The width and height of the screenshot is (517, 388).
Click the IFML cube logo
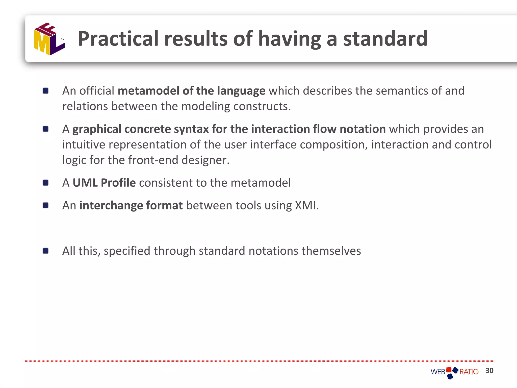49,39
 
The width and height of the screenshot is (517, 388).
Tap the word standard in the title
385,39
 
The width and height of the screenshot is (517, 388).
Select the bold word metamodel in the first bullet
148,91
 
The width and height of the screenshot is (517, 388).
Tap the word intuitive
84,145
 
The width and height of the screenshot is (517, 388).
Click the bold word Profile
118,183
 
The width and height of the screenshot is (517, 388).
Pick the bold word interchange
111,205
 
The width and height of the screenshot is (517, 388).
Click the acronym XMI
305,205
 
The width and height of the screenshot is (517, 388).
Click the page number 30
489,371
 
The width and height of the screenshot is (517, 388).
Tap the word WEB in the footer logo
438,372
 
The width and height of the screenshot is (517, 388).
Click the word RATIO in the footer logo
469,372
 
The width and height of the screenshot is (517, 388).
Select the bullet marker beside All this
46,251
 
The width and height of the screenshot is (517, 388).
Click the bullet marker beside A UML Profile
46,183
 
